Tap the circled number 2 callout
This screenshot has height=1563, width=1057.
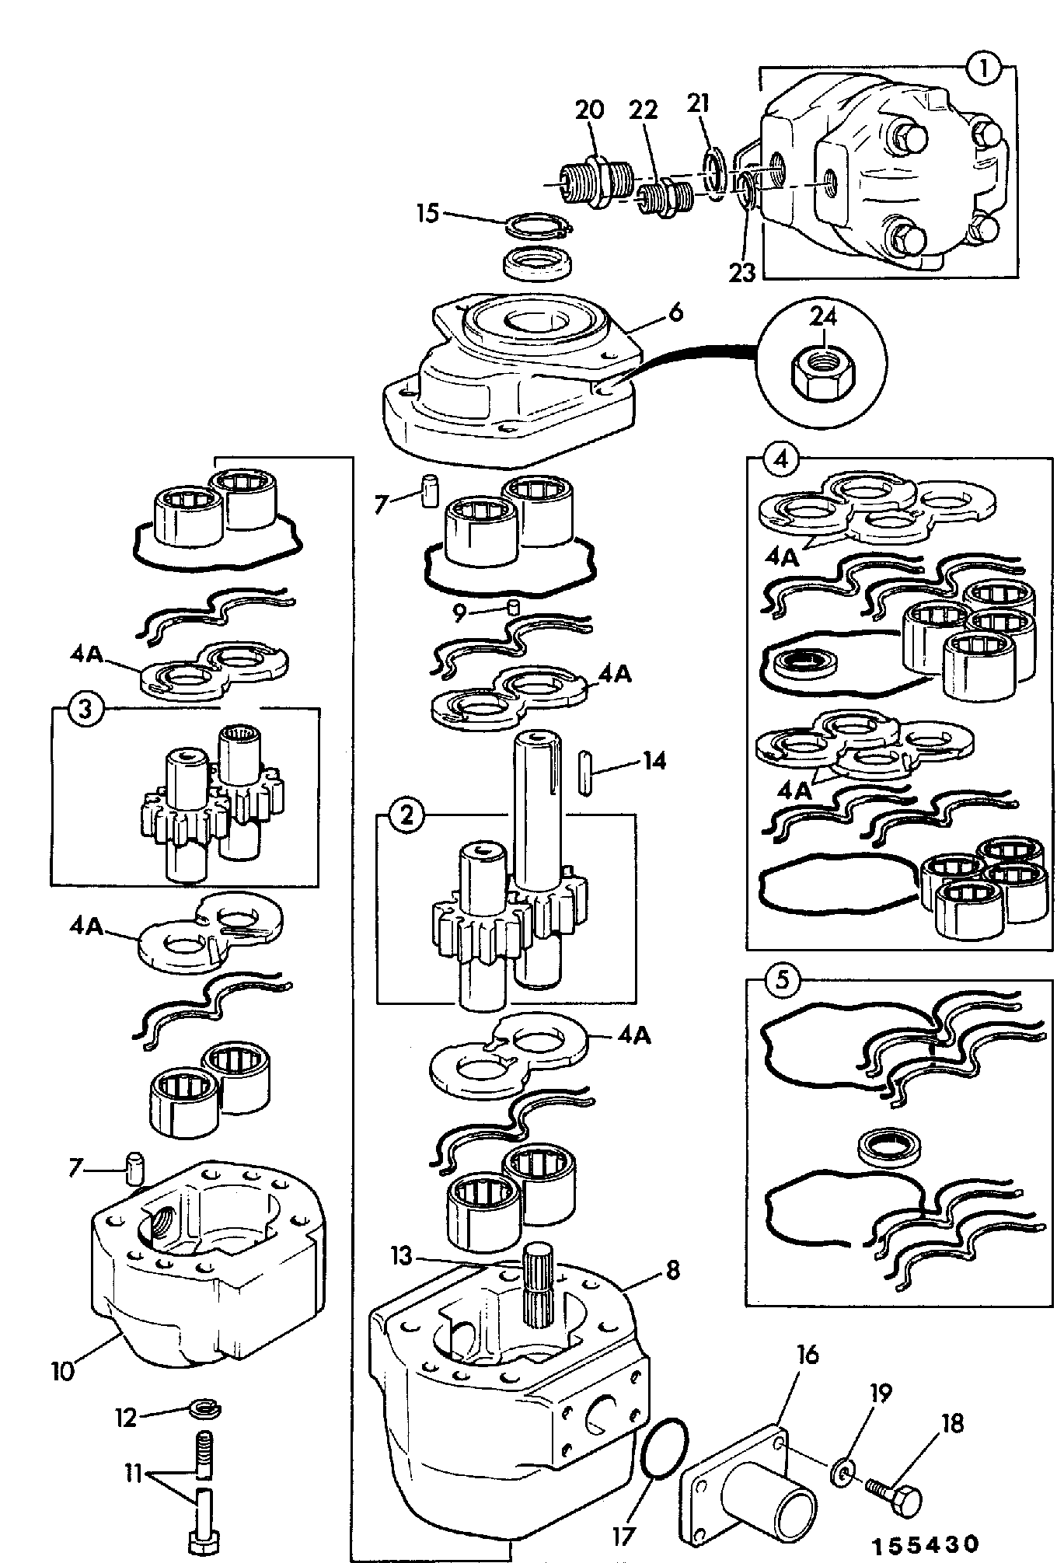coord(406,815)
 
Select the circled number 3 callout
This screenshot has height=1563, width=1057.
coord(85,709)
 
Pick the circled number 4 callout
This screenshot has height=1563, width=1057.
coord(781,459)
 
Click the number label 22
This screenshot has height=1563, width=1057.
coord(644,110)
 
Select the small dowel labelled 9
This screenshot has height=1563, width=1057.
coord(513,606)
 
